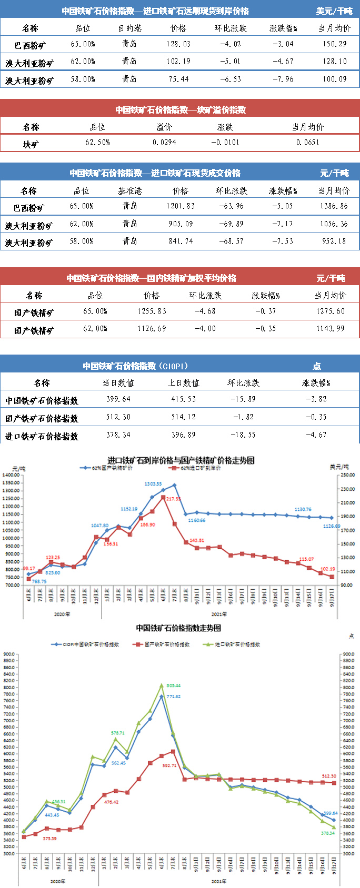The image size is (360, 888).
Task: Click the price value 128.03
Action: click(178, 44)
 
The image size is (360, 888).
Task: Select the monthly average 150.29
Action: click(335, 44)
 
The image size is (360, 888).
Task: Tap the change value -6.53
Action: click(231, 79)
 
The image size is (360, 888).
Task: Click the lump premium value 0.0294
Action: click(165, 143)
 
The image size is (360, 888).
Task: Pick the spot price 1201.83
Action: click(181, 206)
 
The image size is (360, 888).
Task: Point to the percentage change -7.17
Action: click(283, 224)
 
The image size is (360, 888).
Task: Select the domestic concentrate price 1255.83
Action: click(152, 311)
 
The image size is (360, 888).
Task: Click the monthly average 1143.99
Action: click(331, 329)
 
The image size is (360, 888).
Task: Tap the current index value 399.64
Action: click(118, 399)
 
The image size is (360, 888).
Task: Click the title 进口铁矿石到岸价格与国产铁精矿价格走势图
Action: click(181, 460)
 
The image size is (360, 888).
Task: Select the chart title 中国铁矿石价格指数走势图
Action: click(178, 628)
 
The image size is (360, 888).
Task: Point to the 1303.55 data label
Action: click(153, 483)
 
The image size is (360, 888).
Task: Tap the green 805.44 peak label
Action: click(173, 685)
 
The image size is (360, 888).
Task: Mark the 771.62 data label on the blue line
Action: click(173, 696)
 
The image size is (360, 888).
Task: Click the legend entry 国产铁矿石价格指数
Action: click(167, 644)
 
